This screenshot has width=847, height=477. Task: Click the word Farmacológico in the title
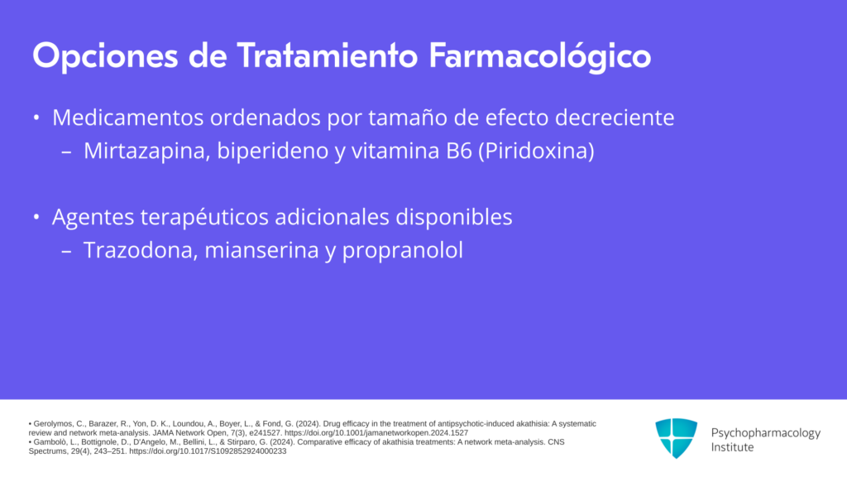coord(539,56)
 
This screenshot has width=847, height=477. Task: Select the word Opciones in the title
coord(105,56)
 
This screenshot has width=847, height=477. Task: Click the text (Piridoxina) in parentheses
coord(536,151)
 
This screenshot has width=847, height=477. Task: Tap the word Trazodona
coord(141,250)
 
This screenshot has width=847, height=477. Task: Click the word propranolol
coord(403,251)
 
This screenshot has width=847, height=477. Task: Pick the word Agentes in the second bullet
coord(93,218)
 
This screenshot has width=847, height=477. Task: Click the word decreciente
coord(615,118)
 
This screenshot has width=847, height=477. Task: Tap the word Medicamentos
coord(127,118)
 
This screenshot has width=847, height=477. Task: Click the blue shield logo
coord(677,438)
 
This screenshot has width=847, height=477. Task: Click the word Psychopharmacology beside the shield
coord(765,433)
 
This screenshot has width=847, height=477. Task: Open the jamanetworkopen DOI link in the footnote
coord(376,433)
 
